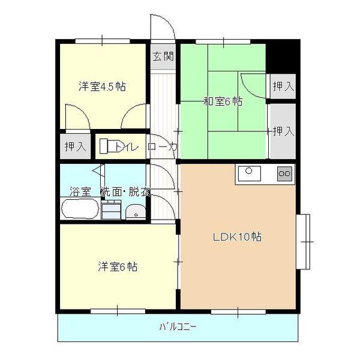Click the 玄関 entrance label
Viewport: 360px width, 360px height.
point(163,57)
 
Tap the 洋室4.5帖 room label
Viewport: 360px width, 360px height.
point(102,86)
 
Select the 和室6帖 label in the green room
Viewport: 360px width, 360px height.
point(223,102)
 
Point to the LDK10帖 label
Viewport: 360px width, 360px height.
point(237,236)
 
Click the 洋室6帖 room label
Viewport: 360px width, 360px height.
point(118,266)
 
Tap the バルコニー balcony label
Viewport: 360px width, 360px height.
point(178,328)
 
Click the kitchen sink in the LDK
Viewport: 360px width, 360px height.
point(249,174)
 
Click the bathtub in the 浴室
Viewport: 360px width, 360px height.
point(80,210)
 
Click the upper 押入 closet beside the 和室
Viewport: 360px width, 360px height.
point(283,86)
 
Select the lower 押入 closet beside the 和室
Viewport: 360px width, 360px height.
point(283,131)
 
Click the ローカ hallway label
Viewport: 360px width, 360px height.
point(163,146)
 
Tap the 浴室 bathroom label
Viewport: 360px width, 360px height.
point(80,192)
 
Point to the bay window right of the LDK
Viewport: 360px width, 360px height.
point(305,241)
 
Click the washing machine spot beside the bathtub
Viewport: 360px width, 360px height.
point(110,211)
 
